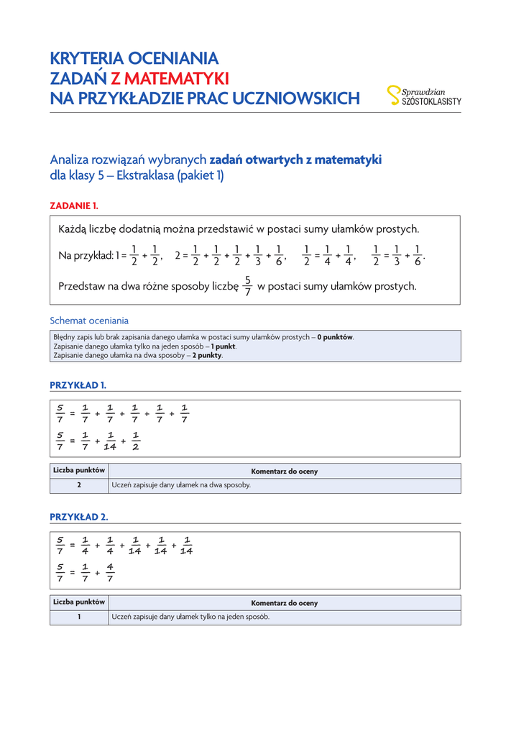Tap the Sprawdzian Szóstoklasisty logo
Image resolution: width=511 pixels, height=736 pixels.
point(424,96)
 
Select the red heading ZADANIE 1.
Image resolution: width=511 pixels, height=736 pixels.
point(74,206)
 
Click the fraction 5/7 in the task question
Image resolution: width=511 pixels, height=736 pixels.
point(247,286)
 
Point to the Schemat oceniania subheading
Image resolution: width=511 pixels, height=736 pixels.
point(89,321)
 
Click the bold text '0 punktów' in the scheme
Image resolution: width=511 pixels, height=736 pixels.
point(336,337)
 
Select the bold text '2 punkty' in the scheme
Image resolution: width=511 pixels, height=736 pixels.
point(207,355)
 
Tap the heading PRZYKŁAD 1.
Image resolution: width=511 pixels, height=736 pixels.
point(78,385)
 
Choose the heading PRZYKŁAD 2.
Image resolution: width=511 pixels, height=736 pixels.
point(79,517)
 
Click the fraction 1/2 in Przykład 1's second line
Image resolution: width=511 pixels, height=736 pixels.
point(136,442)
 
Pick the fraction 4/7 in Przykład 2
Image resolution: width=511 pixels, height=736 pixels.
point(110,573)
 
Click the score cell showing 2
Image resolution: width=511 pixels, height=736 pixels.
point(79,485)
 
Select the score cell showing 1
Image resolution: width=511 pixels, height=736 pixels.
point(79,617)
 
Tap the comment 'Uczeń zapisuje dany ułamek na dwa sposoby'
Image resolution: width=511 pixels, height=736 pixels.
point(181,485)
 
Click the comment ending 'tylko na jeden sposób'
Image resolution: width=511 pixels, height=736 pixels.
point(190,617)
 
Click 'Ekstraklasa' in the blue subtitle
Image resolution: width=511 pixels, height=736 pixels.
point(147,175)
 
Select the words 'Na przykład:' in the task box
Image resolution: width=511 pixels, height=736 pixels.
point(86,255)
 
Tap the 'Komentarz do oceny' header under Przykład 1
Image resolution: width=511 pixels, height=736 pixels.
point(284,471)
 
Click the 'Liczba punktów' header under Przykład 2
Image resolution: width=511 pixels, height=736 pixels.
point(79,602)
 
